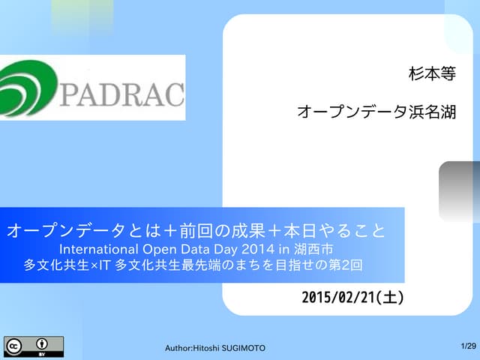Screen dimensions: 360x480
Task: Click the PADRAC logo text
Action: (x=121, y=95)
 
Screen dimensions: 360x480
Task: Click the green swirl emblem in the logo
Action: (x=28, y=88)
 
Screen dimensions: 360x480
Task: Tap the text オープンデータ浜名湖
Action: (x=376, y=112)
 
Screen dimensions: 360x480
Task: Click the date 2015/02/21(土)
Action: (x=352, y=297)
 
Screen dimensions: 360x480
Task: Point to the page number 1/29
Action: (x=468, y=346)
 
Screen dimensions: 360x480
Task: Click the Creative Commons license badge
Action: (x=34, y=346)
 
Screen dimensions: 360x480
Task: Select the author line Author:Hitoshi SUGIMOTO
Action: (x=214, y=348)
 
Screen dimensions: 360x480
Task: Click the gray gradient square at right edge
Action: (x=459, y=191)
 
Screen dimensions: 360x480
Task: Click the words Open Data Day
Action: (x=180, y=247)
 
